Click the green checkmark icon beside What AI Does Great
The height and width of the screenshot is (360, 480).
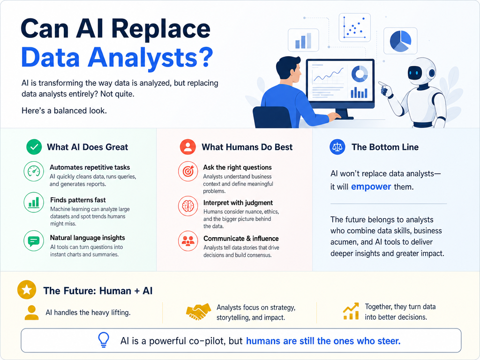coord(34,147)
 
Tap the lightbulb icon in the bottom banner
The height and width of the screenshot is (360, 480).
coord(104,340)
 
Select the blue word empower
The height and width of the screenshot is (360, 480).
coord(371,187)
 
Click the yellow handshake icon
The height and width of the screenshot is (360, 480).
coord(198,312)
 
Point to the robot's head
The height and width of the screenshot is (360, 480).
coord(421,71)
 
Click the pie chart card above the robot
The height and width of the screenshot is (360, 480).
coord(400,41)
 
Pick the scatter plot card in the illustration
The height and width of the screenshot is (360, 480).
coord(354,28)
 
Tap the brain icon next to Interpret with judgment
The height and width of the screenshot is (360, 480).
coord(188,206)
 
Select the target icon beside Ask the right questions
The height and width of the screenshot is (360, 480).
coord(188,172)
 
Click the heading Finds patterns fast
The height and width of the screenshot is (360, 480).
coord(78,200)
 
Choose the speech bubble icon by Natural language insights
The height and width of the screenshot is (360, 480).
coord(34,241)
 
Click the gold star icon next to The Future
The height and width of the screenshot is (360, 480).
coord(27,290)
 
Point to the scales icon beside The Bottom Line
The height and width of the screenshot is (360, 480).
coord(337,147)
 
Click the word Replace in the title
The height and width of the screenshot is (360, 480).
coord(160,29)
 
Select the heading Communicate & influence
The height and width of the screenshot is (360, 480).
coord(241,239)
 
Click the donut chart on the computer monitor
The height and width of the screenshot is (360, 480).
coord(360,74)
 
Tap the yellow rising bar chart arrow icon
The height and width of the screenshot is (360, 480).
coord(351,311)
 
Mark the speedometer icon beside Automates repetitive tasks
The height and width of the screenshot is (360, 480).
coord(34,172)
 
